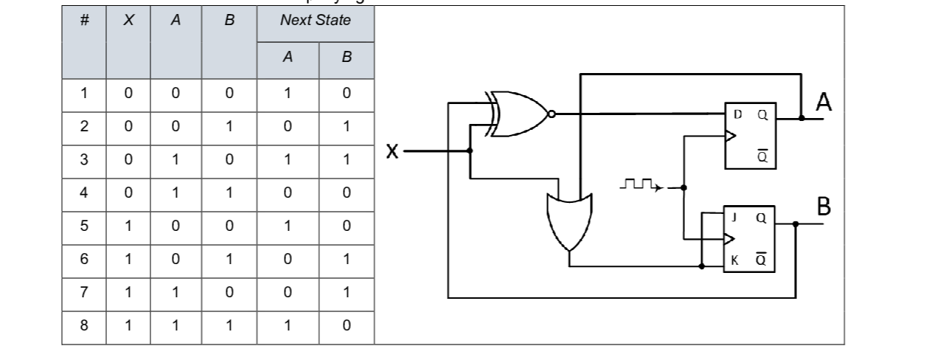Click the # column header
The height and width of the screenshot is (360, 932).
point(84,21)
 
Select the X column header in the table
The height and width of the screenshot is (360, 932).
point(128,21)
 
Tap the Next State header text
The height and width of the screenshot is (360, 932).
point(315,21)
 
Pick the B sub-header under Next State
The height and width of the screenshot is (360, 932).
point(347,58)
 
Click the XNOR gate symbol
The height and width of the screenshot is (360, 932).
point(518,114)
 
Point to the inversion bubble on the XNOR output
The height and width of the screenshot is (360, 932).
point(551,114)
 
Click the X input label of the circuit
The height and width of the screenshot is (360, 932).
point(392,151)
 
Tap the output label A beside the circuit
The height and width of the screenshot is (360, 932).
point(824,104)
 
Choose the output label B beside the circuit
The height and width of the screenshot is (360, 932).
point(824,208)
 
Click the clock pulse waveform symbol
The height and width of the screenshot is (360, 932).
point(639,184)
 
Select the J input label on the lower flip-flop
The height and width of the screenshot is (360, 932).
point(734,218)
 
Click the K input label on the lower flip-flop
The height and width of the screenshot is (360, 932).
point(734,259)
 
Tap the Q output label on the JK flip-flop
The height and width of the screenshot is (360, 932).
point(761,218)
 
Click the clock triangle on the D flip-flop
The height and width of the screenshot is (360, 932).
point(730,136)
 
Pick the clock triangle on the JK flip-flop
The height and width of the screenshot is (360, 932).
point(728,238)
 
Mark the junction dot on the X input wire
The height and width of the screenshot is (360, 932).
point(470,150)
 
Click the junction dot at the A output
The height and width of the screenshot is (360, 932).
point(801,117)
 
